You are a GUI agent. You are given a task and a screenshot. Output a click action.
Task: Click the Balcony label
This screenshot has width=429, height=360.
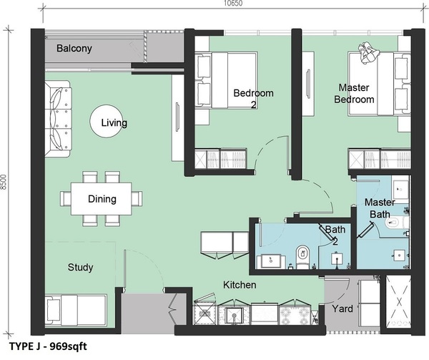tap(74, 49)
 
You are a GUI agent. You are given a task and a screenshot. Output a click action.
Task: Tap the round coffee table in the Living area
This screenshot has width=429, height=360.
tap(107, 121)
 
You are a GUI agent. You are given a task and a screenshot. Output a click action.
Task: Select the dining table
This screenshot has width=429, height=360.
tap(102, 199)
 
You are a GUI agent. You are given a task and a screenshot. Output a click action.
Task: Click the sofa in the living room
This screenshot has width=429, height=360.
tap(58, 119)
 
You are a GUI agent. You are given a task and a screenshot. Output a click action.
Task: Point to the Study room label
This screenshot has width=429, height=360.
tap(80, 267)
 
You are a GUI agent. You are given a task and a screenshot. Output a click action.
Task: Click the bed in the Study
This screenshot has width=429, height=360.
tap(76, 311)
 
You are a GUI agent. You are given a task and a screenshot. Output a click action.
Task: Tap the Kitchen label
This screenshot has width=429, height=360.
tap(240, 285)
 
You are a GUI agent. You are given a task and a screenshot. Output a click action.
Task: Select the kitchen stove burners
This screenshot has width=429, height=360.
tap(295, 316)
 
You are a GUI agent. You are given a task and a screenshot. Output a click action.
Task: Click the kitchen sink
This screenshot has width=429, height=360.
tap(235, 316)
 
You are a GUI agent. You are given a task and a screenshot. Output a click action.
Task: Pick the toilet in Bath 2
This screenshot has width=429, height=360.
tap(302, 256)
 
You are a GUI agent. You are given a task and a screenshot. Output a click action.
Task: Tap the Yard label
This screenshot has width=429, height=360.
tap(342, 308)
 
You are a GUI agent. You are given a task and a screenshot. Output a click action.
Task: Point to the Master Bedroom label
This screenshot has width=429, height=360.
tap(354, 93)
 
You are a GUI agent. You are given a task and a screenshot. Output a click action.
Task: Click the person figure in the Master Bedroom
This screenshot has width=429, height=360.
tap(369, 53)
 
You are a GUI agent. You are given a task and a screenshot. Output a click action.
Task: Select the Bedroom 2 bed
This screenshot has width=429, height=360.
tap(226, 80)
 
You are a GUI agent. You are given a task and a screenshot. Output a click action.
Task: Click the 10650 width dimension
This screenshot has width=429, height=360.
tap(233, 4)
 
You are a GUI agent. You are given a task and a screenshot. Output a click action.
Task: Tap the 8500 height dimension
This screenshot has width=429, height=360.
tap(4, 182)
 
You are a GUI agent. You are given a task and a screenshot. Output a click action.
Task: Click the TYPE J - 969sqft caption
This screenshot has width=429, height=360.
tap(48, 346)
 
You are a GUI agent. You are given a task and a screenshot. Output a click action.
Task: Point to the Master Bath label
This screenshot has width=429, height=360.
tap(380, 208)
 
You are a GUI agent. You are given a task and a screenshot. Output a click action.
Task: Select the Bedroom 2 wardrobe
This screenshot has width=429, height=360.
tap(221, 159)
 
